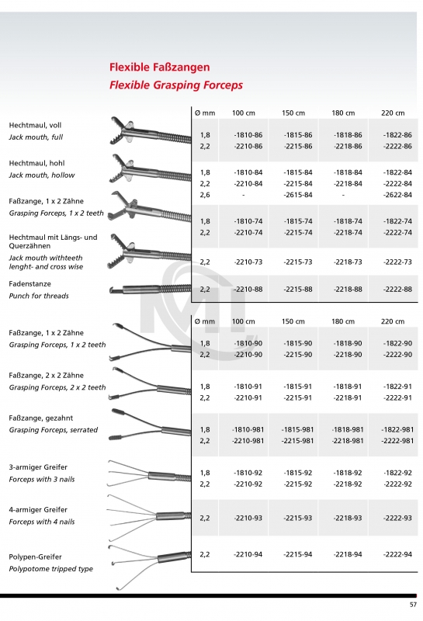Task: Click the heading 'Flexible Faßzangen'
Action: pos(159,68)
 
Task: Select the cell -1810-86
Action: pos(248,135)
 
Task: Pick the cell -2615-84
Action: pos(298,195)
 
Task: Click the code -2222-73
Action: pos(397,262)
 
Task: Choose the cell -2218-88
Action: pos(347,290)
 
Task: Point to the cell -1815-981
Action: pos(298,429)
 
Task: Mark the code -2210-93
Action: pos(248,518)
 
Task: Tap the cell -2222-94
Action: pos(397,554)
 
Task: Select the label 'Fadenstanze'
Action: pos(29,283)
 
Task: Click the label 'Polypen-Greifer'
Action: pos(35,557)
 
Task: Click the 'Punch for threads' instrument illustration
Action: pos(147,289)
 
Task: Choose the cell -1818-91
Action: pos(347,386)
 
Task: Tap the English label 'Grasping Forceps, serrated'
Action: pos(54,429)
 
